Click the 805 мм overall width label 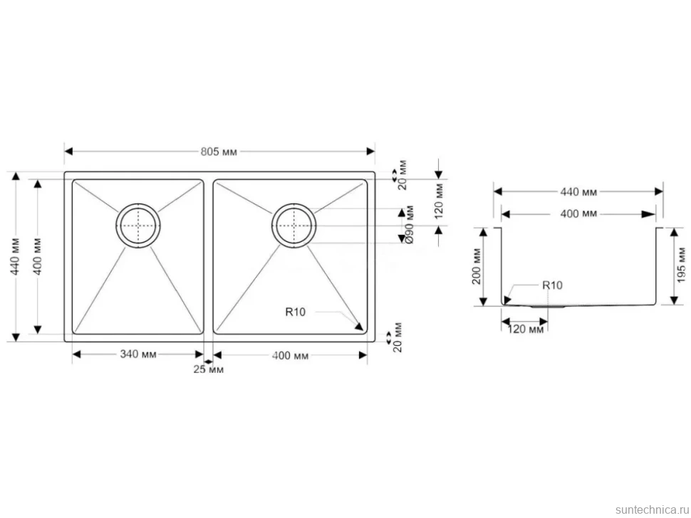point(219,152)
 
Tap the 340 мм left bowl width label point(138,354)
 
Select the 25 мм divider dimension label point(208,369)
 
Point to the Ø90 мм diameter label point(409,224)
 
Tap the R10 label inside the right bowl point(295,312)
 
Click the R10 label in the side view point(552,285)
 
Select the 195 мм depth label point(681,265)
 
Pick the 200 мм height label point(477,266)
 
